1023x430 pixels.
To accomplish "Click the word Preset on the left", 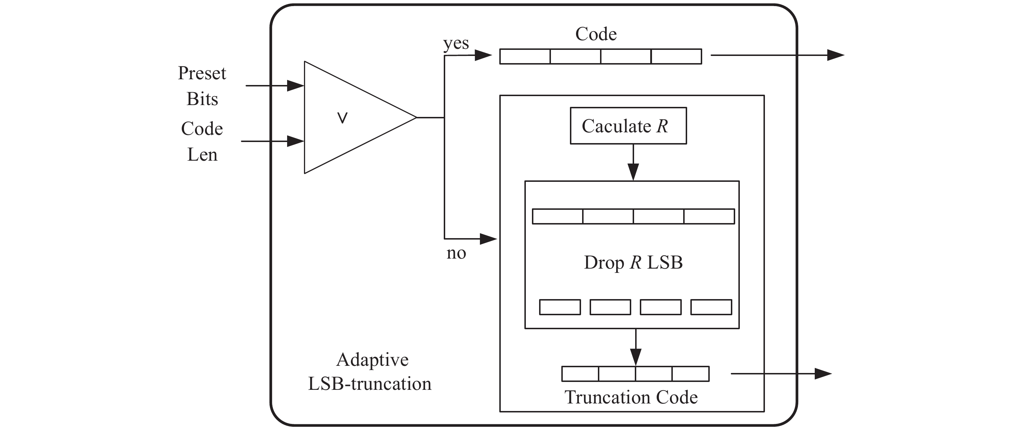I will (202, 74).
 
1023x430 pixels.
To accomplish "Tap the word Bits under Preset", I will (202, 99).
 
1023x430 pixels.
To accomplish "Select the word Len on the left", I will (202, 155).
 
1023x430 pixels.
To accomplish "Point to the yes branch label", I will (456, 43).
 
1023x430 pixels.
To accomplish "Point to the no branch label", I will (456, 253).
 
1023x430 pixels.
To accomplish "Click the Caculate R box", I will (628, 126).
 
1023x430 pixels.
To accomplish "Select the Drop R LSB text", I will (633, 263).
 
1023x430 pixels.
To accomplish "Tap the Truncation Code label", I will (631, 397).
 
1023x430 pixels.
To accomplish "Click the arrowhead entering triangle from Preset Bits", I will (295, 86).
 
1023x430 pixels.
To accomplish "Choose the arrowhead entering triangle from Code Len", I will (295, 141).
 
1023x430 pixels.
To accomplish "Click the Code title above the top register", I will (596, 34).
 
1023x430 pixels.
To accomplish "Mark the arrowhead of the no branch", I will (488, 239).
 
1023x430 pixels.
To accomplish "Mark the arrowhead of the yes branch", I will (483, 55).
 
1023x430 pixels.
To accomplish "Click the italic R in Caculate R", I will (662, 126).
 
